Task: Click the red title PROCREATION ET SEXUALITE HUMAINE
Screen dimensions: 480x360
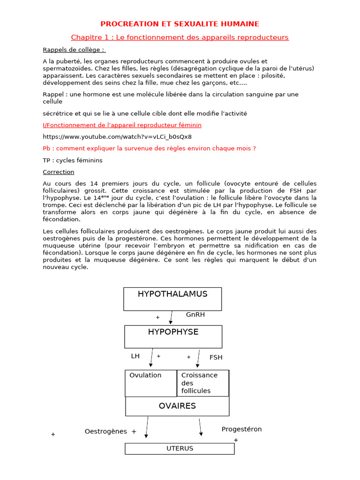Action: [x=180, y=24]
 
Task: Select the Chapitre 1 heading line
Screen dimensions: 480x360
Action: [x=180, y=37]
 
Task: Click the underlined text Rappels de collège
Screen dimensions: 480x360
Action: [x=74, y=50]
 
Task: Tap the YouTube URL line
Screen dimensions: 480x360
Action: [x=117, y=137]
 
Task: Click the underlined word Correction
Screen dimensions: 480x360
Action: [x=59, y=172]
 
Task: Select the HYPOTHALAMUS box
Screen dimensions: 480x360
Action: [x=172, y=299]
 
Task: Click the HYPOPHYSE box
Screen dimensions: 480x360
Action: [x=173, y=337]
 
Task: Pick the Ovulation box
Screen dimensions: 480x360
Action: [x=150, y=383]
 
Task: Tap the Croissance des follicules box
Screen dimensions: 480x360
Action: [x=202, y=383]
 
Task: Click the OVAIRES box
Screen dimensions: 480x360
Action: [x=177, y=406]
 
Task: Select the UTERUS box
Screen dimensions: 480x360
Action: [x=180, y=449]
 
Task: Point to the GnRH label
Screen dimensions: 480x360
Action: [x=195, y=315]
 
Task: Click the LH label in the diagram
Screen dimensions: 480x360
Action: [x=135, y=356]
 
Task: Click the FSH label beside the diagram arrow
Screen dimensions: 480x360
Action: [x=216, y=357]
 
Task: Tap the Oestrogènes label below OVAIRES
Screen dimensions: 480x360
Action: [x=105, y=431]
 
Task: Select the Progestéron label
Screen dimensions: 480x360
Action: [x=241, y=429]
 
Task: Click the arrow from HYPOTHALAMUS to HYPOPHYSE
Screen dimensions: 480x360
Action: [x=172, y=317]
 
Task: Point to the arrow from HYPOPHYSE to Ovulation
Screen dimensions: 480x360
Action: [x=151, y=358]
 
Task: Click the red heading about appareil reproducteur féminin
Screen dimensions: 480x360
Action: [x=122, y=125]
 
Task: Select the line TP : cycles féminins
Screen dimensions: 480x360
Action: [x=73, y=160]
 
